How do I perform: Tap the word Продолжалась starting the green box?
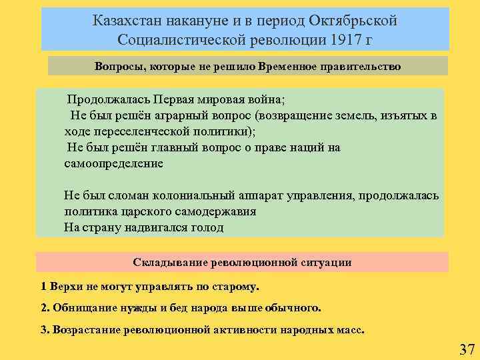(107, 100)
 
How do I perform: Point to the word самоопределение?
(113, 163)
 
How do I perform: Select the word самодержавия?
(214, 211)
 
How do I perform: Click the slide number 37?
(467, 349)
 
